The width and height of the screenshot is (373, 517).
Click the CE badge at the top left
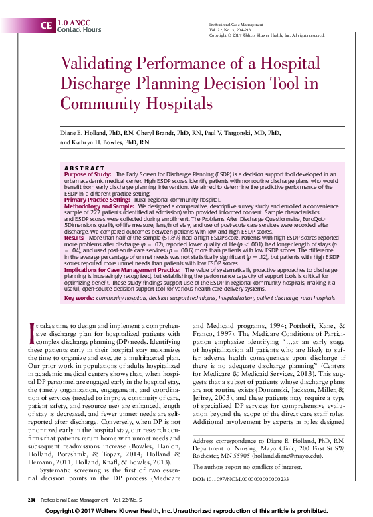[45, 26]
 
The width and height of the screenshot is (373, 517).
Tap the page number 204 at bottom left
[31, 500]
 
